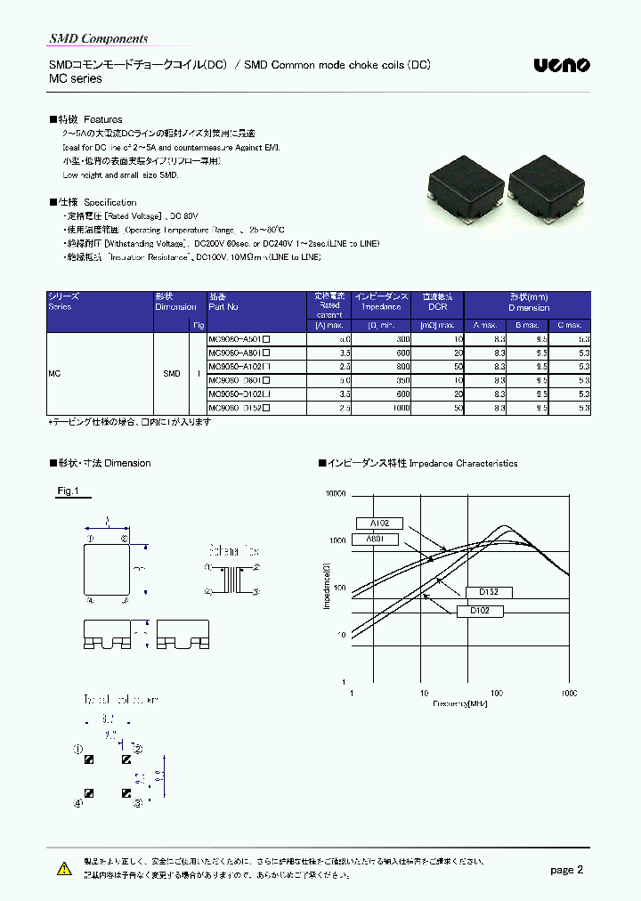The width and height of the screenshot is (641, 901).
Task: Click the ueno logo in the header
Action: click(x=561, y=65)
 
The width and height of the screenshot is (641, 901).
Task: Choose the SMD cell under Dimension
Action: click(x=172, y=373)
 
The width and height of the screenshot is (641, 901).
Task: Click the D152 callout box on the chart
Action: click(x=489, y=592)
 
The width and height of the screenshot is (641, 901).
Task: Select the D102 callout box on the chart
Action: click(x=481, y=611)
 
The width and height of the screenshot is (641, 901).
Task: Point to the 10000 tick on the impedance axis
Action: click(x=334, y=493)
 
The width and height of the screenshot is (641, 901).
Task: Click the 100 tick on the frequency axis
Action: click(x=496, y=693)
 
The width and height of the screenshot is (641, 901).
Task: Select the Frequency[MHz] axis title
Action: click(x=460, y=703)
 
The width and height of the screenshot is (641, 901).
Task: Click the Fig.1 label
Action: click(x=69, y=491)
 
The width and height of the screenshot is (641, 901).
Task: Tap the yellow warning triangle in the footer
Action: click(x=63, y=869)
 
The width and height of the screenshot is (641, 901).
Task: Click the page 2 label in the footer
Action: click(x=566, y=870)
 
